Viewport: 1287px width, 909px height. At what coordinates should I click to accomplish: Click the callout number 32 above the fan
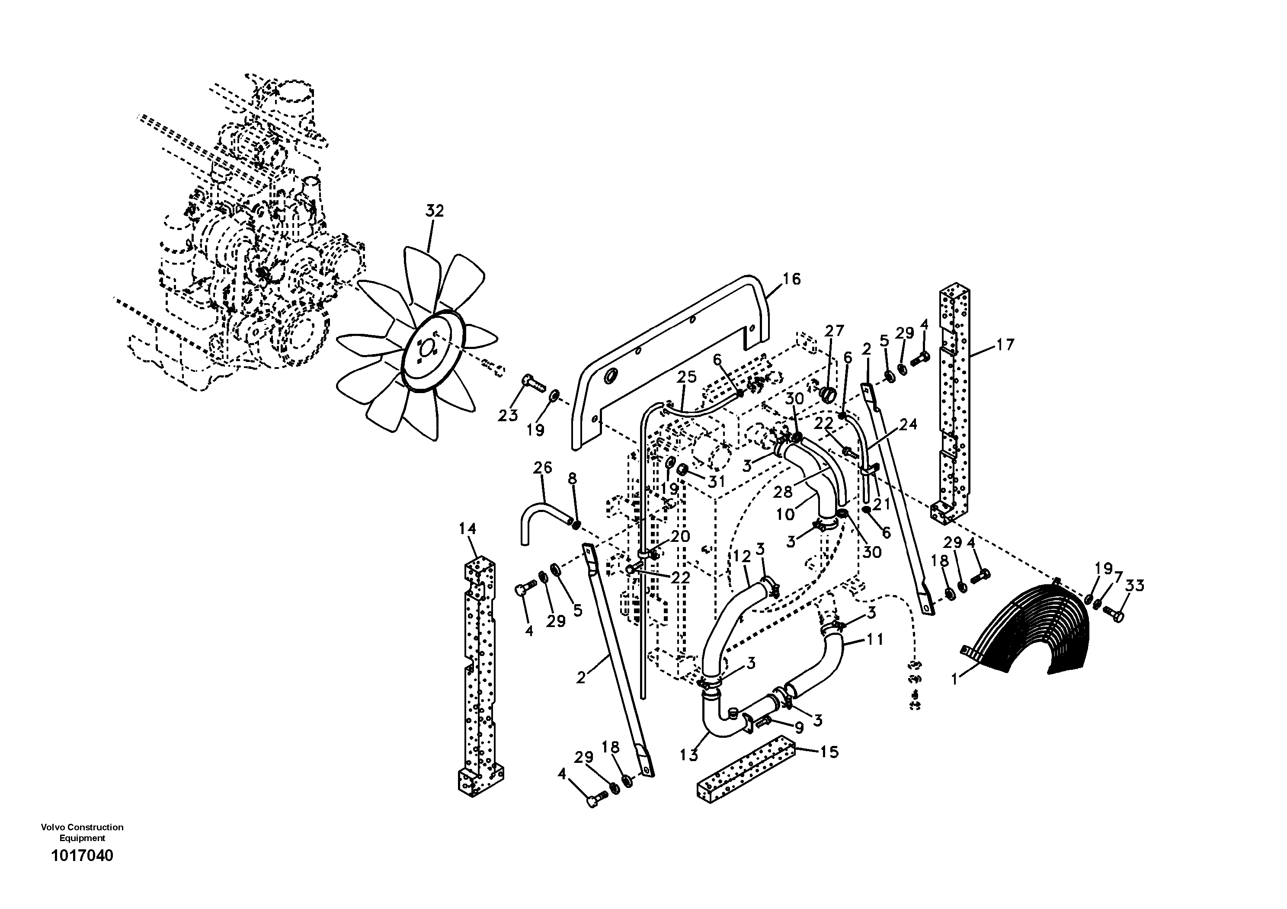click(435, 211)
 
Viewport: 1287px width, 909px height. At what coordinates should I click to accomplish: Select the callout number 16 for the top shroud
click(791, 278)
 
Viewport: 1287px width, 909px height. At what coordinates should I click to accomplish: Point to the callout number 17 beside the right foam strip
click(1005, 344)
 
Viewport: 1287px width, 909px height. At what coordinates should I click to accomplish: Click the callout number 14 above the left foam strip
click(467, 528)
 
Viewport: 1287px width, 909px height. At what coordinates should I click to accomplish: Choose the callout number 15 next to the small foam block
click(829, 752)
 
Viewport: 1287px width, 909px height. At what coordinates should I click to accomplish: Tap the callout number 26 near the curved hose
click(543, 467)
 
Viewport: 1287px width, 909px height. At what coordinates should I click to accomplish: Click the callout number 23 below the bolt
click(509, 416)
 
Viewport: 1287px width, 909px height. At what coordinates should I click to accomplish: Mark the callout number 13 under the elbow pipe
click(689, 755)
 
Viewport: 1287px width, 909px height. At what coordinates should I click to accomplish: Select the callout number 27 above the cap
click(834, 331)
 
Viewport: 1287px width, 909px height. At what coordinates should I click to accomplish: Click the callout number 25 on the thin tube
click(687, 377)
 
